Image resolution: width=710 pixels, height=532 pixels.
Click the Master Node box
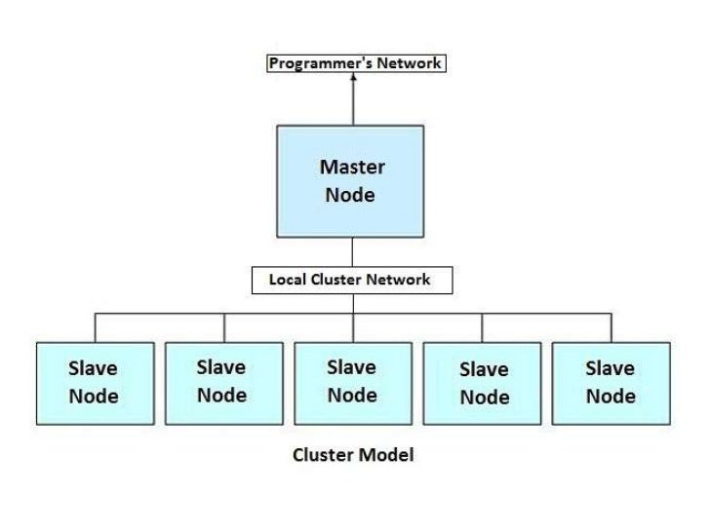click(353, 180)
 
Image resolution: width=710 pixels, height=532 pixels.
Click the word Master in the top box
click(352, 167)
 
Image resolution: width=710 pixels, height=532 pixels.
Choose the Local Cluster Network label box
click(353, 280)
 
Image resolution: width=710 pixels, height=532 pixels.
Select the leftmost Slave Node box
click(95, 383)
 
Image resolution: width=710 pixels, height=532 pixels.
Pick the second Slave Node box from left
click(223, 383)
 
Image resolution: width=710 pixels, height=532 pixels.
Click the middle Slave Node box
click(353, 383)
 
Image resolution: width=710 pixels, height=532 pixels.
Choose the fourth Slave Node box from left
click(483, 383)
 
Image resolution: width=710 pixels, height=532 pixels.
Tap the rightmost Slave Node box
click(611, 383)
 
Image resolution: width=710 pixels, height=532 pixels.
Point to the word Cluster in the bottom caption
click(323, 455)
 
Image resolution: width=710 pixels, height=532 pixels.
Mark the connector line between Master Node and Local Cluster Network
click(353, 251)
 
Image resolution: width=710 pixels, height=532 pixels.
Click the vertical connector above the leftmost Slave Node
click(95, 327)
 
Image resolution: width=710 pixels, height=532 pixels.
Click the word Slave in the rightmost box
click(610, 368)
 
